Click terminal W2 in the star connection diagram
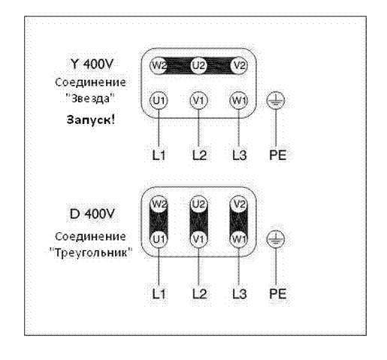159,65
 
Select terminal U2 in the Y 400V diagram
198,65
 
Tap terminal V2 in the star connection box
239,65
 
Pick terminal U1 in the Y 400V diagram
159,101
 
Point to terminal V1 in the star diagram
198,101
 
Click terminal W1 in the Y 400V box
239,101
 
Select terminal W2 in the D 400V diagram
159,204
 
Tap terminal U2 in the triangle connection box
198,204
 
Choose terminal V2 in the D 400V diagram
239,204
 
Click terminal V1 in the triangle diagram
198,239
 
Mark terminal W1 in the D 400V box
239,239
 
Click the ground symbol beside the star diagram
276,101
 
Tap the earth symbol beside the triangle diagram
276,239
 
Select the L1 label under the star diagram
159,155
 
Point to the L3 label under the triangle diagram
240,294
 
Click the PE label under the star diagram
277,155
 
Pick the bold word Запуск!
91,119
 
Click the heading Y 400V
92,64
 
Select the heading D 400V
92,213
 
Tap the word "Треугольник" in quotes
91,253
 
